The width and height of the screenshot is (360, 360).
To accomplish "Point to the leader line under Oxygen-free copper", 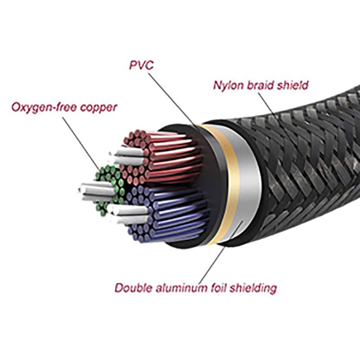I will (81, 139).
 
